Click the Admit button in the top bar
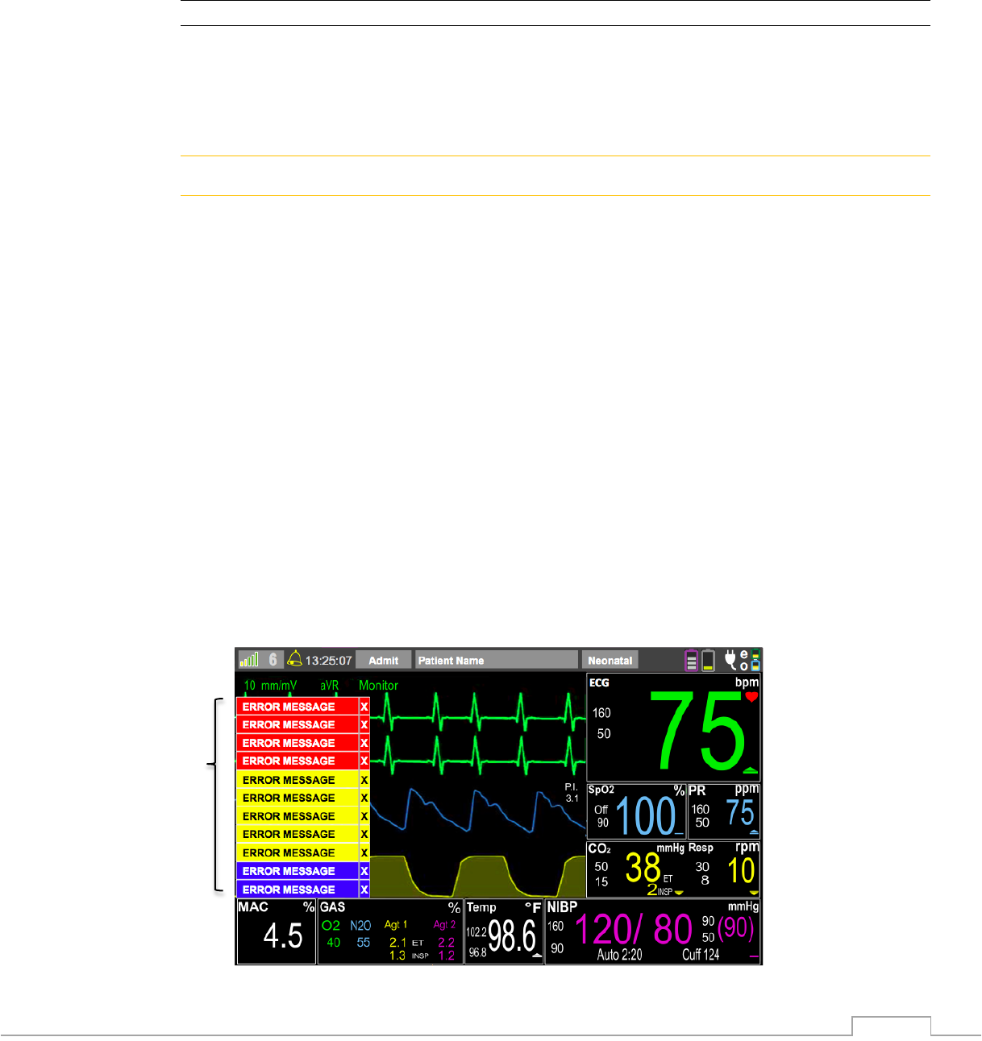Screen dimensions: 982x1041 (x=384, y=660)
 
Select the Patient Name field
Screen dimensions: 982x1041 (x=497, y=660)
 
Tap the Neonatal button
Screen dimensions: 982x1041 (x=610, y=660)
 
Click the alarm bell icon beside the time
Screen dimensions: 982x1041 (x=295, y=659)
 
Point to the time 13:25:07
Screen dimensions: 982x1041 (x=329, y=661)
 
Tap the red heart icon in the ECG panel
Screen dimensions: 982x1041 (x=751, y=697)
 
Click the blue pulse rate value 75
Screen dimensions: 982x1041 (x=739, y=812)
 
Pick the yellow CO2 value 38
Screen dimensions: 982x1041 (x=643, y=869)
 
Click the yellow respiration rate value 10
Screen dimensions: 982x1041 (x=741, y=871)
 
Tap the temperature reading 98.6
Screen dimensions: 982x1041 (x=512, y=936)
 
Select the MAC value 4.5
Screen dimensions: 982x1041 (x=283, y=936)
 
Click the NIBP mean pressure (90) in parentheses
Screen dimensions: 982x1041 (x=735, y=929)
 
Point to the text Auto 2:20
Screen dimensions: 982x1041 (x=619, y=955)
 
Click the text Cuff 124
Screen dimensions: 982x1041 (x=701, y=955)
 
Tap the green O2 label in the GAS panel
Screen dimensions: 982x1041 (x=331, y=926)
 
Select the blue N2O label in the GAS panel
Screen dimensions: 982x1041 (x=360, y=926)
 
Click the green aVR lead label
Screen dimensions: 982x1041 (x=329, y=686)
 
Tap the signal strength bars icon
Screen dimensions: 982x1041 (x=249, y=660)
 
